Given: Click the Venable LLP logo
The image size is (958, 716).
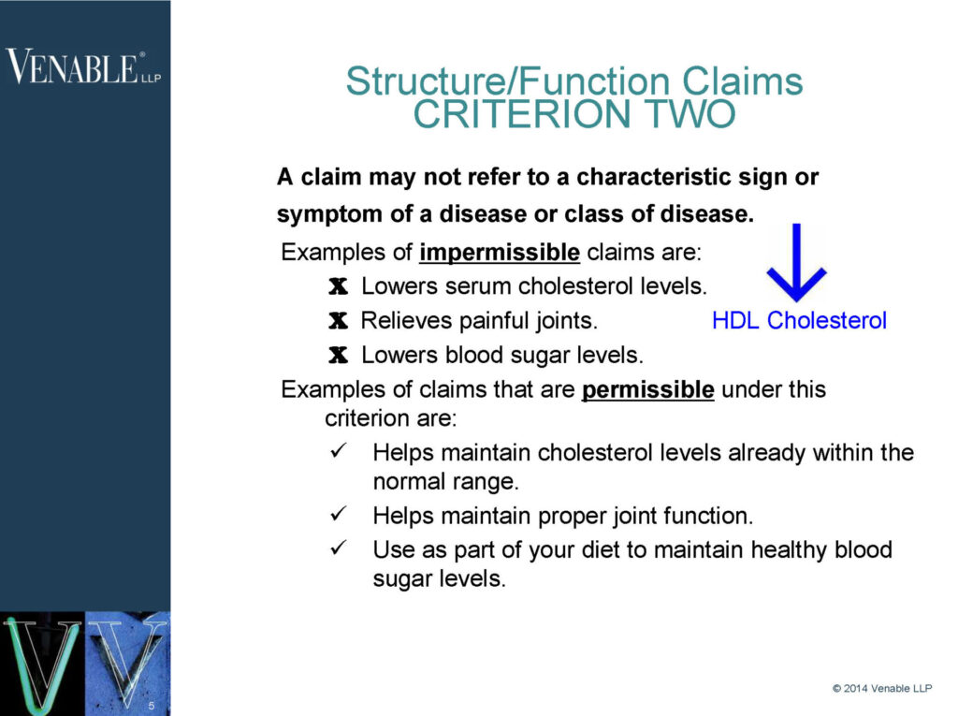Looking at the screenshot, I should tap(83, 67).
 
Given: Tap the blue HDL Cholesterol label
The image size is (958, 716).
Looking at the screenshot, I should tap(799, 321).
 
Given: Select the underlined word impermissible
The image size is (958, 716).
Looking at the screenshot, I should tap(500, 253).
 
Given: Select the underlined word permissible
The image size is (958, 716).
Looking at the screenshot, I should tap(647, 389).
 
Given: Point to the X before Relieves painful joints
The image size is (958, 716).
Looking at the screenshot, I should tap(338, 321).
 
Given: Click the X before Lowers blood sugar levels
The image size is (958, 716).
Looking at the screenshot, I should tap(338, 356).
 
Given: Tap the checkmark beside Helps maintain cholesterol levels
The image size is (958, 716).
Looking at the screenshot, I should tap(339, 452).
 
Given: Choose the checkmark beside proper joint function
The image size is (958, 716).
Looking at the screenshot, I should tap(339, 515).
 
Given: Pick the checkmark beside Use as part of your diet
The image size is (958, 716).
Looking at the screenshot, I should tap(339, 548).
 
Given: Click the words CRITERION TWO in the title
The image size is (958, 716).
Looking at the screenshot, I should tap(573, 115).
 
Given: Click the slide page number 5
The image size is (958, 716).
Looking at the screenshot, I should tap(151, 704).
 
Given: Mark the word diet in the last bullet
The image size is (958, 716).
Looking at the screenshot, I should tap(593, 549).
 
